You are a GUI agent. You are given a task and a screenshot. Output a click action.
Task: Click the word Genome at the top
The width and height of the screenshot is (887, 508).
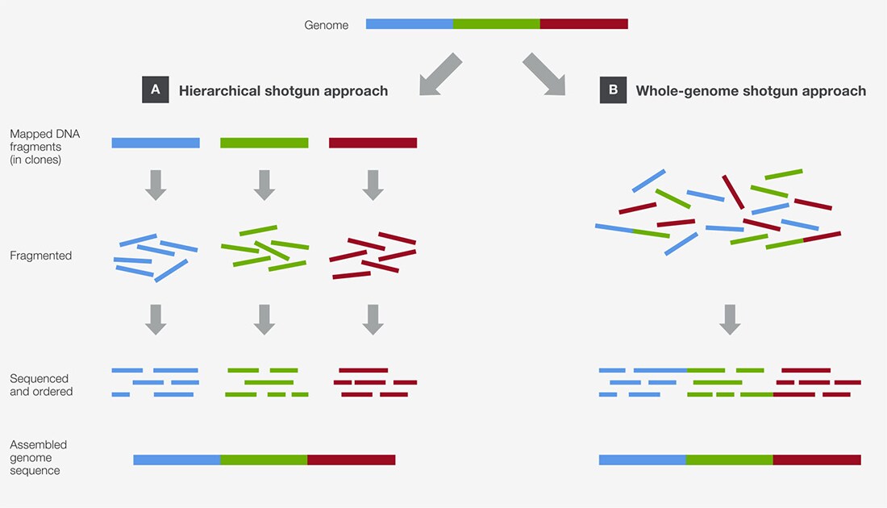[x=327, y=25]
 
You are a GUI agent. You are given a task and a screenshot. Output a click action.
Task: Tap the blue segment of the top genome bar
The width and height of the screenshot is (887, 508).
[x=410, y=23]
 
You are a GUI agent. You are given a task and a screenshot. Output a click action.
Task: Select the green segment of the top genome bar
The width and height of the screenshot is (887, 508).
[x=497, y=23]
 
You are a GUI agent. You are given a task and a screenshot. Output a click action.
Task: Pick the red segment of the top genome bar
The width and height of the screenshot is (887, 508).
[x=584, y=23]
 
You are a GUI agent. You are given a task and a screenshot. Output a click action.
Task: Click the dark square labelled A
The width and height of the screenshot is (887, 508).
[x=156, y=90]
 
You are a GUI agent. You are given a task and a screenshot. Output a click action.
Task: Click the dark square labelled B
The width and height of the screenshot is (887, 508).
[x=613, y=90]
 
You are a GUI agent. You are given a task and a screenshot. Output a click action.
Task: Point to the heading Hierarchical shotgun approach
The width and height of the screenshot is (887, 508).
[x=283, y=91]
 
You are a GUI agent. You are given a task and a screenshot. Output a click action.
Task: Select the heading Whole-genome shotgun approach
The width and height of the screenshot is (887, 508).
[x=751, y=91]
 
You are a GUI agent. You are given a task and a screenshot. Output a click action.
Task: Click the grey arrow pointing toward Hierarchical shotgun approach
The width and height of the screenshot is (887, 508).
[x=439, y=75]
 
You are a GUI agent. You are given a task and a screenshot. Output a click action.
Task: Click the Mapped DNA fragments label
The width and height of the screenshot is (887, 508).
[x=44, y=147]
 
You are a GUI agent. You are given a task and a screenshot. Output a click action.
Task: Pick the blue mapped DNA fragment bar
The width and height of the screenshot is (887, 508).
[x=156, y=143]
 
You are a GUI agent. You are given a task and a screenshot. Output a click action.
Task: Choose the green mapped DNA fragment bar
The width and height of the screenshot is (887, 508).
[x=264, y=143]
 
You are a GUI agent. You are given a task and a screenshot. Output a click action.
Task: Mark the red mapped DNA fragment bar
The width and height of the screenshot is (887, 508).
[x=373, y=143]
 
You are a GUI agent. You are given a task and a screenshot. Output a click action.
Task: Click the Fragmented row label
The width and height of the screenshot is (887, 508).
[x=41, y=256]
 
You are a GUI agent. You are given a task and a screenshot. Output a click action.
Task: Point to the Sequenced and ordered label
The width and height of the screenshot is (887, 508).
[x=41, y=385]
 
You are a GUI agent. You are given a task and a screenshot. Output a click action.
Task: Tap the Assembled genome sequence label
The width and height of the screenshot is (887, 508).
[x=38, y=458]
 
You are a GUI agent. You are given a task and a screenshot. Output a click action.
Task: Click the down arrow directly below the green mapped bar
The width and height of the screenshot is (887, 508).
[x=264, y=185]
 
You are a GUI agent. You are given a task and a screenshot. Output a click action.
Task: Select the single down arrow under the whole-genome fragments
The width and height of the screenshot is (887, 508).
[x=730, y=319]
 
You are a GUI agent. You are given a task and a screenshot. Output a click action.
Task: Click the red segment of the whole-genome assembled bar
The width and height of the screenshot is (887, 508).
[x=817, y=460]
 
